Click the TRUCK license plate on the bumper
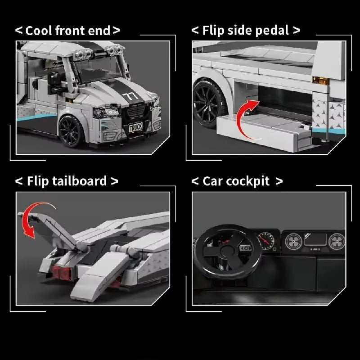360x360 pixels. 135,127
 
